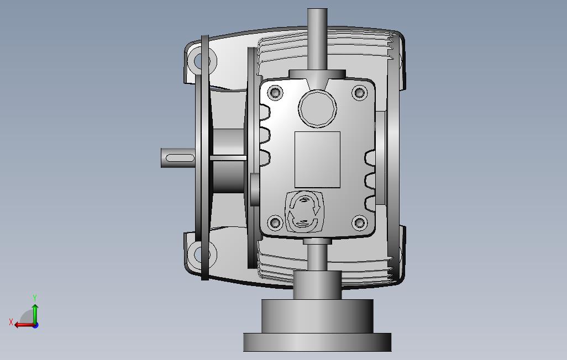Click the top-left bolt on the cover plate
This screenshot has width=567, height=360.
coord(276,92)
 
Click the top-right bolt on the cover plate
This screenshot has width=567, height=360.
coord(359,93)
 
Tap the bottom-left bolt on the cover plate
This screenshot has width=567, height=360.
coord(276,223)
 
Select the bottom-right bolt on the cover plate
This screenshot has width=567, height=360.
coord(359,223)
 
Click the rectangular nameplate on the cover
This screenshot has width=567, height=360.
coord(318,160)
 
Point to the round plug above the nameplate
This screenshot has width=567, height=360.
coord(318,108)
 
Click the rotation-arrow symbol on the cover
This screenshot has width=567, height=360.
coord(305,212)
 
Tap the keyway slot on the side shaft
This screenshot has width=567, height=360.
coord(180,158)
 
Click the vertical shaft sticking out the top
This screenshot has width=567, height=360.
coord(318,39)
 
